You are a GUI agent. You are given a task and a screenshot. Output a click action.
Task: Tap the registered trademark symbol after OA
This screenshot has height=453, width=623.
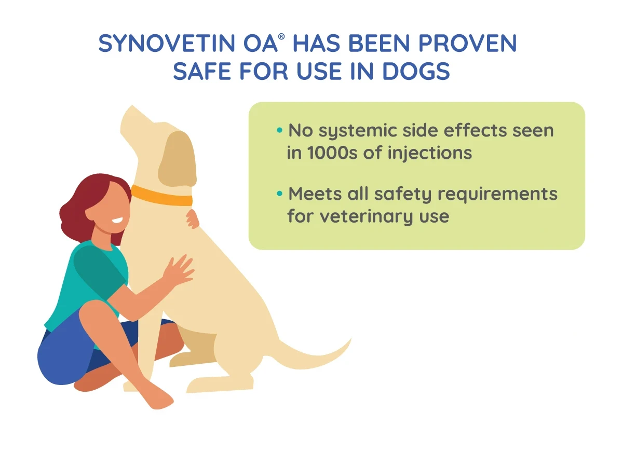point(281,37)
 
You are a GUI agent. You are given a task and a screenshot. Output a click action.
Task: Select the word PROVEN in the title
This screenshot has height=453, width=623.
point(468,44)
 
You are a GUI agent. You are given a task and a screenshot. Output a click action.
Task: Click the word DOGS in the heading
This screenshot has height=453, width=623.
point(416,71)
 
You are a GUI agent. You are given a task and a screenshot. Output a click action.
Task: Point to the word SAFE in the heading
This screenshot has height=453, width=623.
point(202,71)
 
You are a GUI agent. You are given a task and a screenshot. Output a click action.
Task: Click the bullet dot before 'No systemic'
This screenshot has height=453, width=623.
point(279,130)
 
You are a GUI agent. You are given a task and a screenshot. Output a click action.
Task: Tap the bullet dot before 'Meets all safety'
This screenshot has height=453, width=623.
point(279,193)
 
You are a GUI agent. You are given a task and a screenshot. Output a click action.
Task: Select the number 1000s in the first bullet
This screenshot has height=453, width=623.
point(332,153)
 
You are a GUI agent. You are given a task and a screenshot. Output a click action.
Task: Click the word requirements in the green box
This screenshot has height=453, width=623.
point(497,195)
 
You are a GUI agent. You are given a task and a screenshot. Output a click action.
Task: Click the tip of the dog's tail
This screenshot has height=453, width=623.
point(351,339)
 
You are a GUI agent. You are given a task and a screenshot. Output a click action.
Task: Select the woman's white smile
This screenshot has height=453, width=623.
point(117,221)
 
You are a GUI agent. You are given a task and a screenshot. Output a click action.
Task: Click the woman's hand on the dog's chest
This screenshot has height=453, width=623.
point(178,270)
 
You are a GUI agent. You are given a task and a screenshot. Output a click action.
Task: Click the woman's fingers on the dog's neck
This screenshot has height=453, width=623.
point(192,219)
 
